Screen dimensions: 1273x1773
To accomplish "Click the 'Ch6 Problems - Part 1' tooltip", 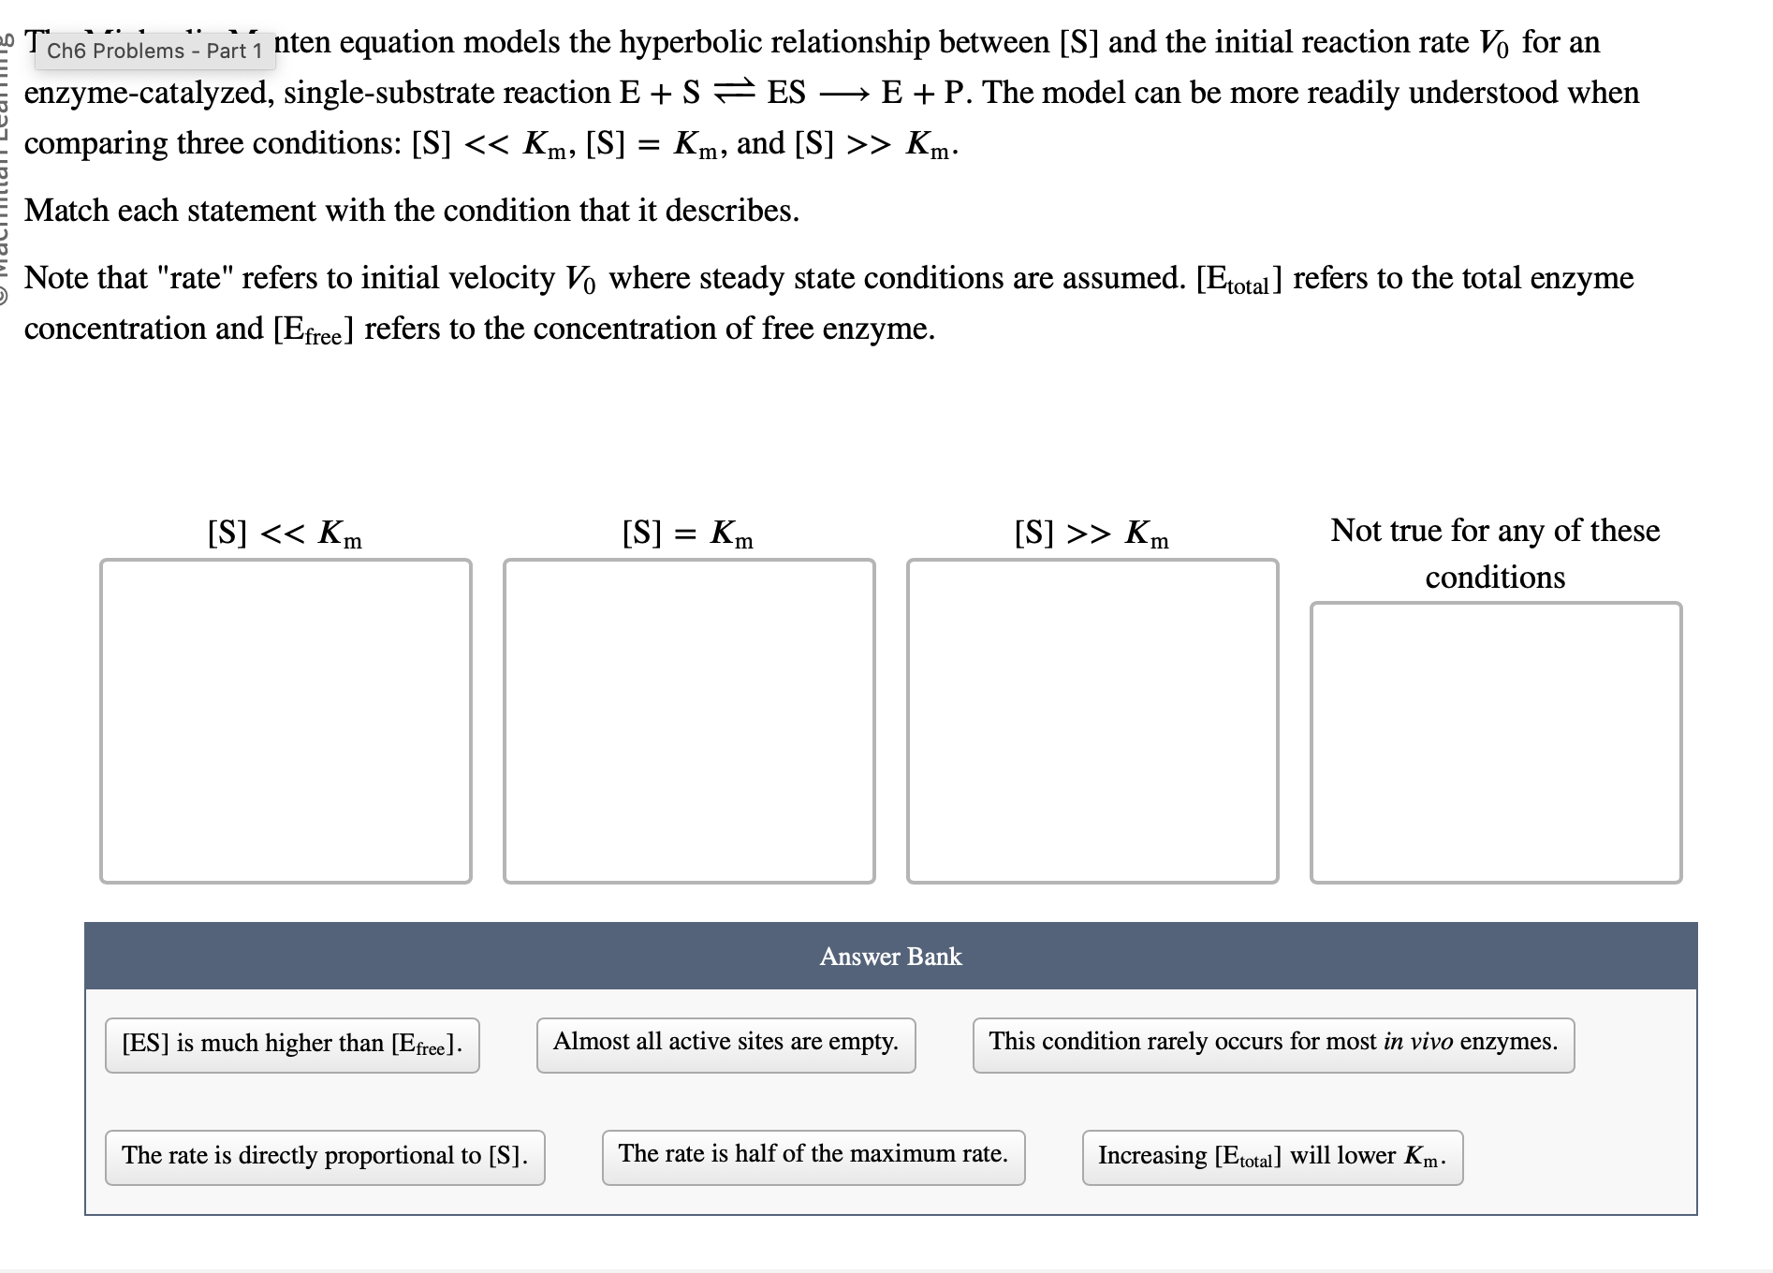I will click(154, 51).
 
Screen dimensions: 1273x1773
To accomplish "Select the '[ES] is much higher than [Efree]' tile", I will click(292, 1045).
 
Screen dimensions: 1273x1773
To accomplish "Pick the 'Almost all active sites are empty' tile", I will click(725, 1044).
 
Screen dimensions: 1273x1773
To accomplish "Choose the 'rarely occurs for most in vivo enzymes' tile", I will click(1273, 1044).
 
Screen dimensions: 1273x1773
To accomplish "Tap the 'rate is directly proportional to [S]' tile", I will click(325, 1157).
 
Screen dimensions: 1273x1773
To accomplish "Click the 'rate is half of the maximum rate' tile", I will click(813, 1156).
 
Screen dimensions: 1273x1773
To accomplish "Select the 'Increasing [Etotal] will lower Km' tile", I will click(1272, 1157).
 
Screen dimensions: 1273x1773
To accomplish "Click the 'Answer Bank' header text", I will click(890, 957).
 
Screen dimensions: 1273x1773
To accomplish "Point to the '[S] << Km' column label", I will click(285, 534).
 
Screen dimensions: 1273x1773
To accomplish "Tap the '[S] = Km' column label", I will click(688, 534).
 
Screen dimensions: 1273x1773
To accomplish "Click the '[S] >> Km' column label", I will click(1092, 534).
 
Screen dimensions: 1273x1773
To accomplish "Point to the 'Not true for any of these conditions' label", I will click(1495, 553).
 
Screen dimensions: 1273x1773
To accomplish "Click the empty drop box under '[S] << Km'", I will click(286, 721).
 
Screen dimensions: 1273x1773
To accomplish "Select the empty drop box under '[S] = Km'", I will click(689, 721).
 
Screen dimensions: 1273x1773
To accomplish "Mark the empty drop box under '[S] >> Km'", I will click(1092, 721).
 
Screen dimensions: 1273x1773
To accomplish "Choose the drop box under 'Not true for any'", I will click(1496, 742).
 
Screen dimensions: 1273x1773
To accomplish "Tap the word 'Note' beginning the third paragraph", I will click(57, 278).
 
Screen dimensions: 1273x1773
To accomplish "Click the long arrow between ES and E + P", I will click(843, 94).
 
